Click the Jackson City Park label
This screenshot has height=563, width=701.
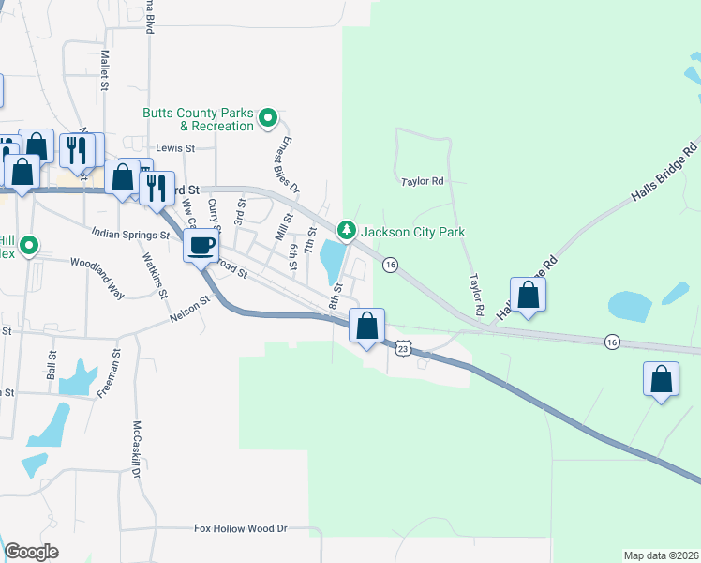tap(413, 232)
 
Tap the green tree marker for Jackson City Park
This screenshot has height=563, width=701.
tap(347, 230)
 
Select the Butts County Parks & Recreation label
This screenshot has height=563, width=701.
tap(198, 119)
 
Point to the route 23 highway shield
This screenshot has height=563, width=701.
tap(403, 348)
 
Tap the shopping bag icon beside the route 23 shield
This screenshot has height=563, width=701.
tap(367, 327)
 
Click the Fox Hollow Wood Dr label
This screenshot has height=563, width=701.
tap(240, 529)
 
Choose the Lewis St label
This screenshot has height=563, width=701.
tap(175, 148)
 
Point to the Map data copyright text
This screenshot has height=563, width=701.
tap(660, 555)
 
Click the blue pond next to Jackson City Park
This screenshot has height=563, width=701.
tap(331, 260)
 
